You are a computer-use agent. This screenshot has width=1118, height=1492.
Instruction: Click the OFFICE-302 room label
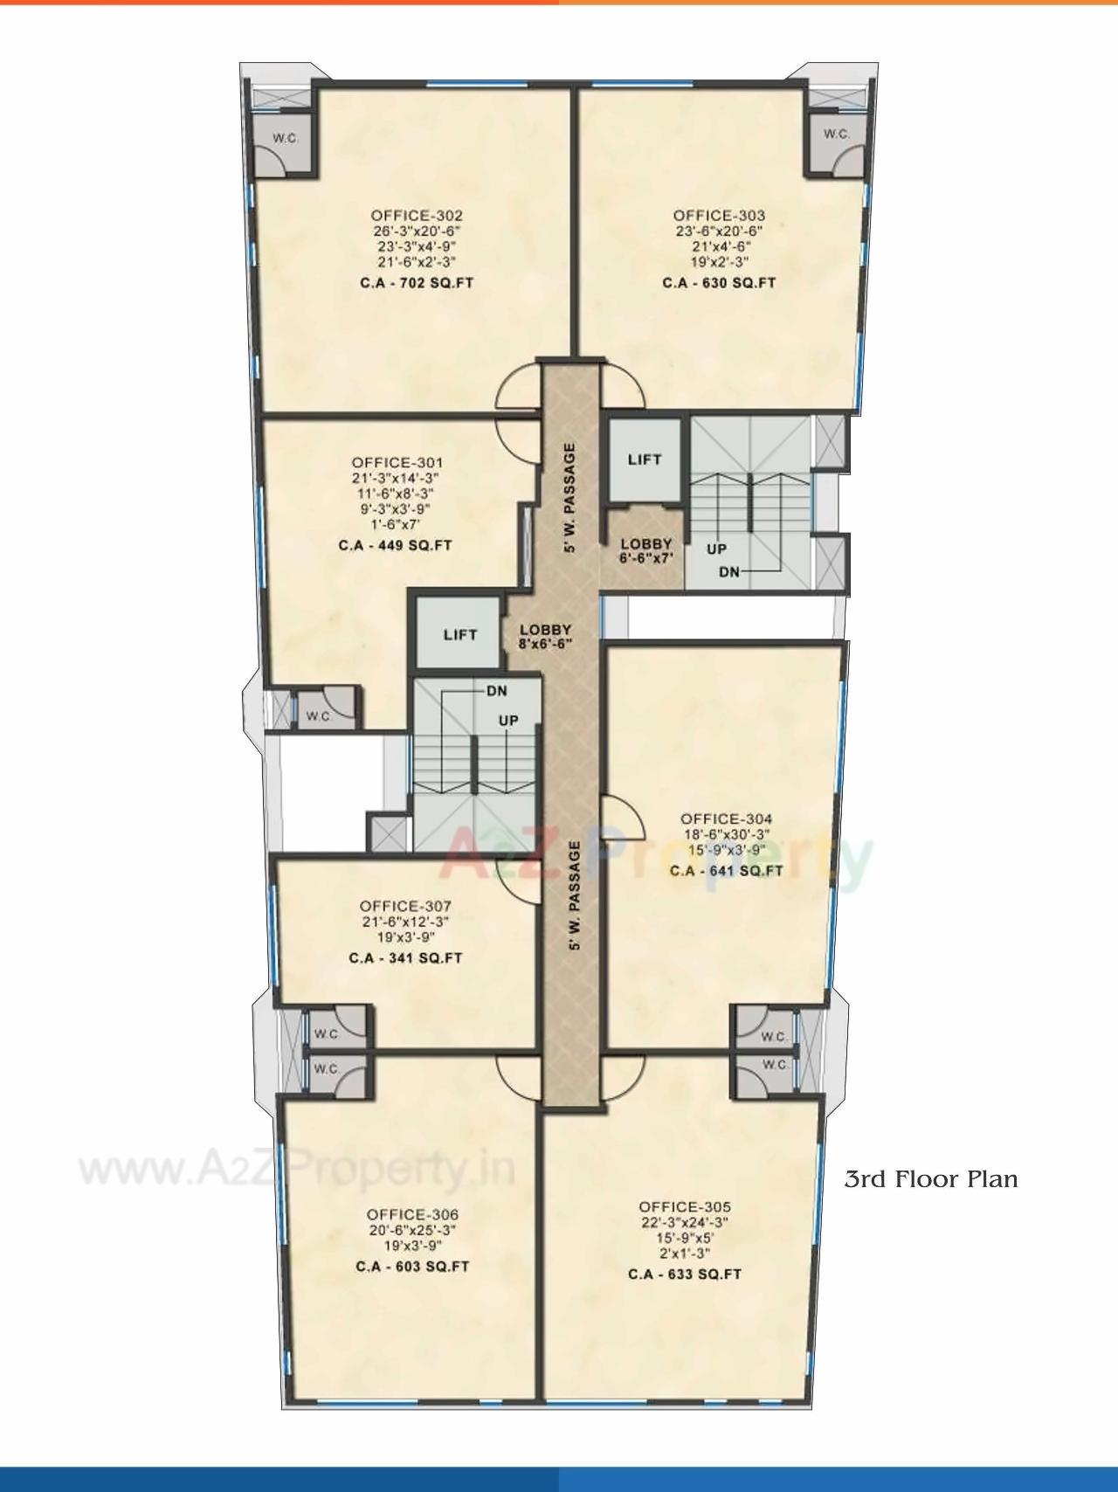(x=416, y=216)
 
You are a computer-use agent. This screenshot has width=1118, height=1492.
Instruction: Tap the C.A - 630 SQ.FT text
(x=718, y=283)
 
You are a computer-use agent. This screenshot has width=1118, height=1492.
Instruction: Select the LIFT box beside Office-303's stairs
(x=645, y=459)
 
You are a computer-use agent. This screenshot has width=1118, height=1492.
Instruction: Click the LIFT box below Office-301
(x=459, y=635)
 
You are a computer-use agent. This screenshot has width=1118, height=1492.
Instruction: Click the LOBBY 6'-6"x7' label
(x=646, y=550)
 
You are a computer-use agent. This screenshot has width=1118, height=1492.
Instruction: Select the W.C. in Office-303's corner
(x=836, y=135)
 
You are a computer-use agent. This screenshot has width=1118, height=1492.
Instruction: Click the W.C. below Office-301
(x=318, y=716)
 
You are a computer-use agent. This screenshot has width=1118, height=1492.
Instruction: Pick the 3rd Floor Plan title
(x=930, y=1179)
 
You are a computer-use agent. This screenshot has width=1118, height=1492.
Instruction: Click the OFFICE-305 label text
(x=684, y=1207)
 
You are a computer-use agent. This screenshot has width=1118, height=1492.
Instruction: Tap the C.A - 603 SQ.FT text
(x=412, y=1267)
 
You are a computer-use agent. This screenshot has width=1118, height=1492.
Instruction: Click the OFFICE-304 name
(x=726, y=819)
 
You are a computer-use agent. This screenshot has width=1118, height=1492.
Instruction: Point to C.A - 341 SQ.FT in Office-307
(x=405, y=958)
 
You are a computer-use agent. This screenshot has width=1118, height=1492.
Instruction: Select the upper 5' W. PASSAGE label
(x=570, y=498)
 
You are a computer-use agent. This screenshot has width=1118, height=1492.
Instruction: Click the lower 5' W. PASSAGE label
(x=574, y=895)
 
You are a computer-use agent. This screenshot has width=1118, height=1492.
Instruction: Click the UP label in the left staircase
(x=508, y=721)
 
